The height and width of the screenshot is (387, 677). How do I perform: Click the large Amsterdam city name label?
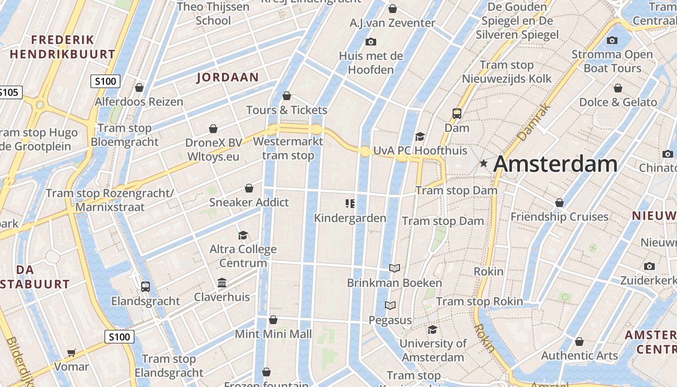click(x=555, y=164)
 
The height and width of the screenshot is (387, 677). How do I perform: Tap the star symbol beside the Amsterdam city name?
click(x=483, y=164)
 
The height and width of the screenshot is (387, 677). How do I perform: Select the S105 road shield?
click(x=10, y=92)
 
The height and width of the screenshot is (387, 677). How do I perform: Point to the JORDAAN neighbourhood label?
click(x=228, y=77)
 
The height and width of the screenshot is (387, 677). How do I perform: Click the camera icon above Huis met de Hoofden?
click(x=371, y=42)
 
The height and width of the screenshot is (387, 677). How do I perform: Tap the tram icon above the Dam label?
click(x=457, y=114)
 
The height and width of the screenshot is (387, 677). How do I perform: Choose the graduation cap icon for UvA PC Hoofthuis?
click(x=420, y=136)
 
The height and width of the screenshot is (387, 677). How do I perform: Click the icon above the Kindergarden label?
click(x=350, y=204)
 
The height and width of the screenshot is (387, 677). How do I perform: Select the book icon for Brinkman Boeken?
click(x=395, y=268)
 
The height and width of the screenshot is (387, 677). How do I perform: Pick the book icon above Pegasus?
click(x=390, y=305)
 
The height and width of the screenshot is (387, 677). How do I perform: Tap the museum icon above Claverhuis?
click(x=222, y=283)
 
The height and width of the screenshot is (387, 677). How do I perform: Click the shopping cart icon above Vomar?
click(x=72, y=353)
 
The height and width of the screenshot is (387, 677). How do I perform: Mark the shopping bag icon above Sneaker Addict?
click(x=249, y=188)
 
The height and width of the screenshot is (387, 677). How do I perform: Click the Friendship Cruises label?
click(x=559, y=216)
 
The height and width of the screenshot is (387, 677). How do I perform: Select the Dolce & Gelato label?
click(x=618, y=102)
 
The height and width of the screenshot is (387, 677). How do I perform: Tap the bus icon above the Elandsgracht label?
click(x=146, y=286)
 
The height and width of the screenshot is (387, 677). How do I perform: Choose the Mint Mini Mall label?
click(x=273, y=334)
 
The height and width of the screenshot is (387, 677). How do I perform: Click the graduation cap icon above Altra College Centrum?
click(x=243, y=235)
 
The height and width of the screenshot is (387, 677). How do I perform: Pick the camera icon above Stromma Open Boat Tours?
click(x=612, y=40)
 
